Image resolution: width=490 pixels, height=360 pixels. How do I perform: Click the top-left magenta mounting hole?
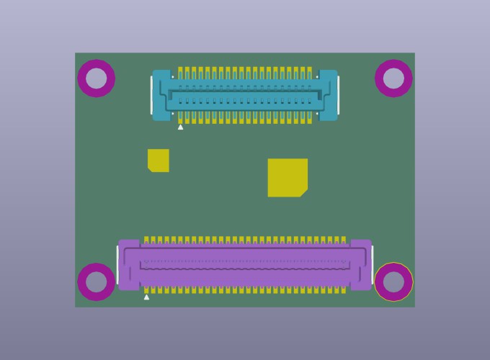point(97,78)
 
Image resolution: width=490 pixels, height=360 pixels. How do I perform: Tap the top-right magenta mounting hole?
point(393,78)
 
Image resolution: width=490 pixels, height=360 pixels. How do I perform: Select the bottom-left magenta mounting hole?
point(97,282)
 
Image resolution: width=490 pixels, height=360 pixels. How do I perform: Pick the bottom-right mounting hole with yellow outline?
point(393,282)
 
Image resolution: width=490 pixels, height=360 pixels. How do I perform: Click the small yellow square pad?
point(159,161)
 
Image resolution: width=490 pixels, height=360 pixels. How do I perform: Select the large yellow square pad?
point(288,177)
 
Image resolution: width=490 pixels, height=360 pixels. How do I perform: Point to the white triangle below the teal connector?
point(180,127)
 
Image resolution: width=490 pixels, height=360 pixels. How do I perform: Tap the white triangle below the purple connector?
point(146,297)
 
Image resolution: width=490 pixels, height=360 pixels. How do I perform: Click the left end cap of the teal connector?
point(161,95)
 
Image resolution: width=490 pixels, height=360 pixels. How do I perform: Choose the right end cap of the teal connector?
point(328,95)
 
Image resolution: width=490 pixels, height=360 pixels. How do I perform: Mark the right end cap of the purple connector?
point(361,265)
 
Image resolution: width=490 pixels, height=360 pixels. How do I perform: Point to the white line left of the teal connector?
point(151,95)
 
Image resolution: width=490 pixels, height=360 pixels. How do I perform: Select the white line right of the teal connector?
point(338,95)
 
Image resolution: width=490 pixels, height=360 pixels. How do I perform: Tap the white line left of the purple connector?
point(117,265)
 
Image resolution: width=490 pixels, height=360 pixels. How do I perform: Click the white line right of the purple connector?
point(372,265)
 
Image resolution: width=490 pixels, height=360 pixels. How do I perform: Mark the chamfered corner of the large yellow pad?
point(304,194)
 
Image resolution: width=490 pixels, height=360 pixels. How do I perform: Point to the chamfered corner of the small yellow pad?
point(150,169)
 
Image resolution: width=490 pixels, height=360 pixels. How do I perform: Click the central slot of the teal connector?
point(244,95)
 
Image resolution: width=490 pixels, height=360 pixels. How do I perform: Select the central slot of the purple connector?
point(245,265)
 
